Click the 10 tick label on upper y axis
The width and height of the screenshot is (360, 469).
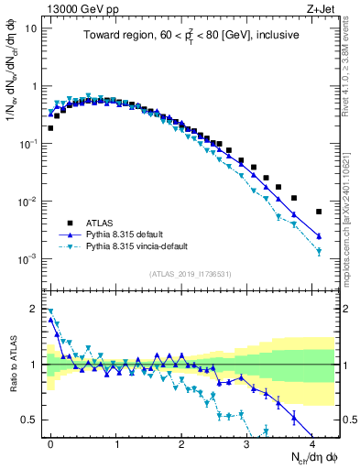31,27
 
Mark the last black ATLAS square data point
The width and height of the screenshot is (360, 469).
319,212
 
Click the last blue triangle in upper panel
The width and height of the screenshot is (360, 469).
319,236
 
